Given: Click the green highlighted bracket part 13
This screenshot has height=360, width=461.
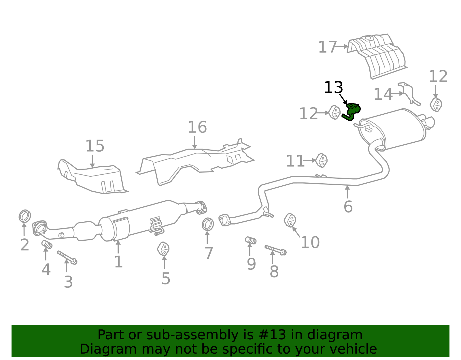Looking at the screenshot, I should click(352, 111).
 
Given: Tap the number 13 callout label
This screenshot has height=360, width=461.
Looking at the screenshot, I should click(333, 88).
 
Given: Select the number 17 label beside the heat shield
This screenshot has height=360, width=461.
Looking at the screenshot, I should click(327, 47).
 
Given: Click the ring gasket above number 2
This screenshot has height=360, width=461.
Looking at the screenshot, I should click(25, 216).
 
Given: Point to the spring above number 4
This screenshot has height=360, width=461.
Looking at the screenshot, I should click(47, 244).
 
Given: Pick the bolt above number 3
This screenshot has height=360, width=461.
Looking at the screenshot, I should click(67, 257).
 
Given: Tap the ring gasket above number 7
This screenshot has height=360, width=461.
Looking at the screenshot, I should click(207, 225).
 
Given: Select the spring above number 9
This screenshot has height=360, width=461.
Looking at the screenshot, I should click(251, 240).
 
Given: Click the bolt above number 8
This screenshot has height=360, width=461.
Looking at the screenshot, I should click(275, 250).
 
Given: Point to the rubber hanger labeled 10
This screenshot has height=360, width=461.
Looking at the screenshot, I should click(290, 220).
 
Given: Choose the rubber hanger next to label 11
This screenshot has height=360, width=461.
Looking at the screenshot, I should click(321, 160).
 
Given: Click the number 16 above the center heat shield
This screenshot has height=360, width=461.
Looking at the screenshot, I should click(197, 127).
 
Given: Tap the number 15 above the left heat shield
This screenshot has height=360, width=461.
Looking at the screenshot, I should click(95, 146).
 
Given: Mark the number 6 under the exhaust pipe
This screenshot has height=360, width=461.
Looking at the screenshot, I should click(348, 207).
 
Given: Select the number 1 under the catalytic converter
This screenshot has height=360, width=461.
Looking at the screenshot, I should click(118, 262).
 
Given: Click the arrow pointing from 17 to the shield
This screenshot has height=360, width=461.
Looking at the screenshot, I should click(342, 46).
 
